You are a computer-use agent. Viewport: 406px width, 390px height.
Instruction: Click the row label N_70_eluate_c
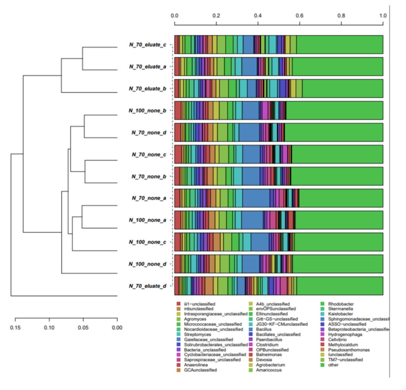pos(147,44)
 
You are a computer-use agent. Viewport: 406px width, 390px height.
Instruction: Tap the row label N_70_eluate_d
pos(147,286)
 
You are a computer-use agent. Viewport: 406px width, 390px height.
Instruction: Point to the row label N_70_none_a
pos(149,198)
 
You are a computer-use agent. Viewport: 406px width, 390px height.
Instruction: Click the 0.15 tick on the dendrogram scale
pos(15,327)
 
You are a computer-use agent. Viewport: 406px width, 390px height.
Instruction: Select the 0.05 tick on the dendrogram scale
pos(83,327)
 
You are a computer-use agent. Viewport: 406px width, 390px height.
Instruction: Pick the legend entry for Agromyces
pos(193,319)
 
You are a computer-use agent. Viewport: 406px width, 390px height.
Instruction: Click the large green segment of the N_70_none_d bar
pos(333,132)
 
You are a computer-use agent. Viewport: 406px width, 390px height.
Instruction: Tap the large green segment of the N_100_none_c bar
pos(337,242)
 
